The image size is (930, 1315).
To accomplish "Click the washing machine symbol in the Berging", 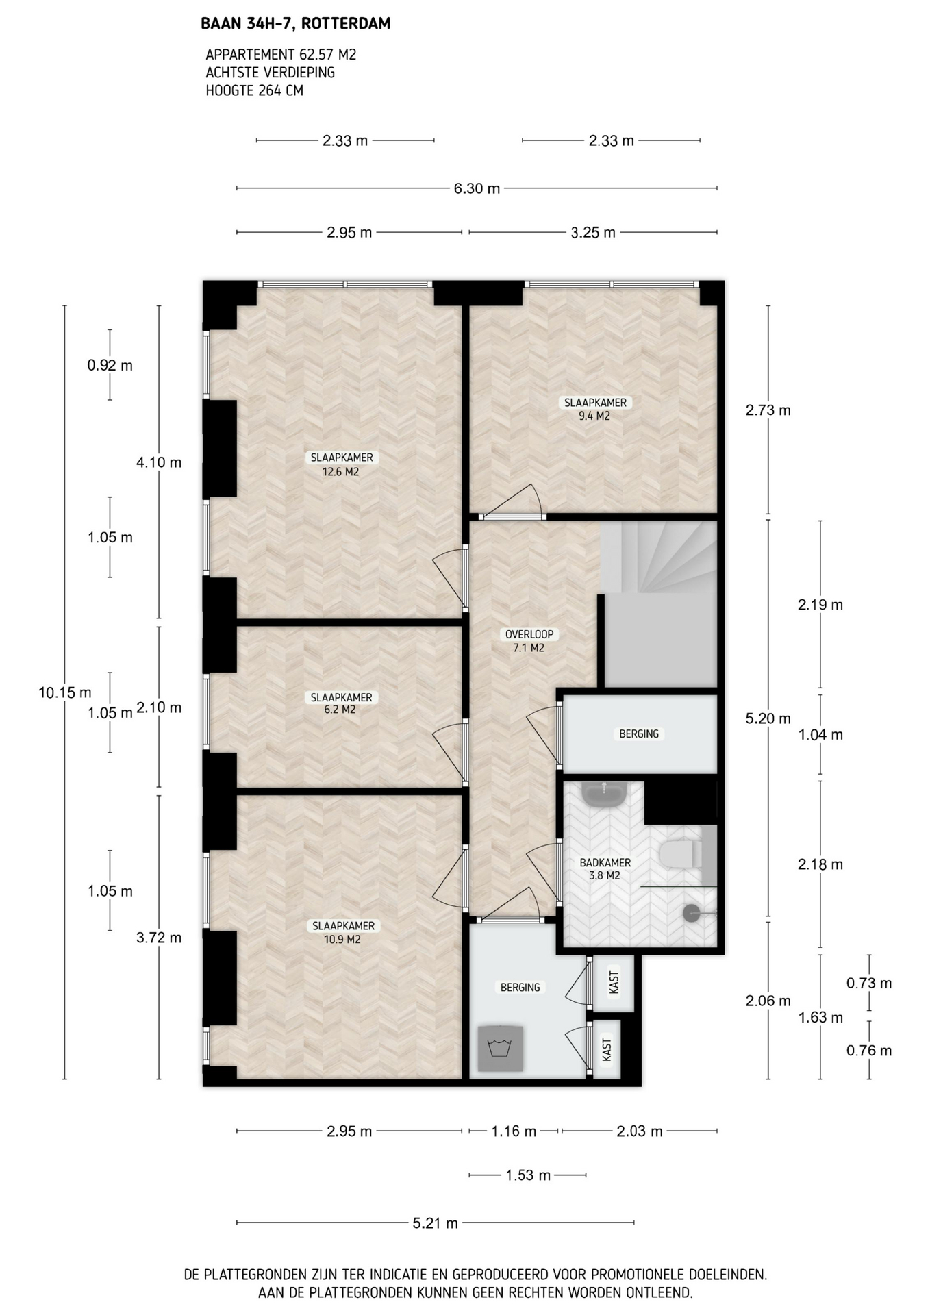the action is click(x=501, y=1049).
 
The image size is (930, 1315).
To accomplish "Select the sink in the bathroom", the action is click(x=603, y=794).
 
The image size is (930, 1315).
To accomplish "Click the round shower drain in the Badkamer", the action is click(x=692, y=913).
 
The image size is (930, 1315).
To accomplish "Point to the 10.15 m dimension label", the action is click(x=64, y=692).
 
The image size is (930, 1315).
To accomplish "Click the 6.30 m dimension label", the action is click(x=477, y=188).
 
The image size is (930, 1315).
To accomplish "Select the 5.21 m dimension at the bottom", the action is click(x=435, y=1223).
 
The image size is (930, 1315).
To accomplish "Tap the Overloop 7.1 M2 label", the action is click(x=529, y=641).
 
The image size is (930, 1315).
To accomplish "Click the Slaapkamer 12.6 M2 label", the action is click(x=341, y=464).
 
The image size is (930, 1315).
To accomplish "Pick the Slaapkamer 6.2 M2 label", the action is click(x=341, y=703).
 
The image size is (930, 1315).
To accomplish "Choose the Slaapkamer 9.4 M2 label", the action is click(x=594, y=409).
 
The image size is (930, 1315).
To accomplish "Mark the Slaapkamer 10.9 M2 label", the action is click(x=342, y=932).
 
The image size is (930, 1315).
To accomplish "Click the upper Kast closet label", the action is click(x=614, y=982).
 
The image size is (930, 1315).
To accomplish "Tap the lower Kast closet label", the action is click(x=607, y=1050).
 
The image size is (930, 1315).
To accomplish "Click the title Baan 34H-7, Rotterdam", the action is click(x=296, y=24).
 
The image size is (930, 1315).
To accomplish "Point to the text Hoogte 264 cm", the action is click(x=254, y=90).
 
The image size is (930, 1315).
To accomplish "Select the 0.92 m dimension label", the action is click(x=110, y=365).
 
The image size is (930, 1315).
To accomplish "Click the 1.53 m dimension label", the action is click(x=528, y=1175).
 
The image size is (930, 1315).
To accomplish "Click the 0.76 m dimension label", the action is click(x=869, y=1050).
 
